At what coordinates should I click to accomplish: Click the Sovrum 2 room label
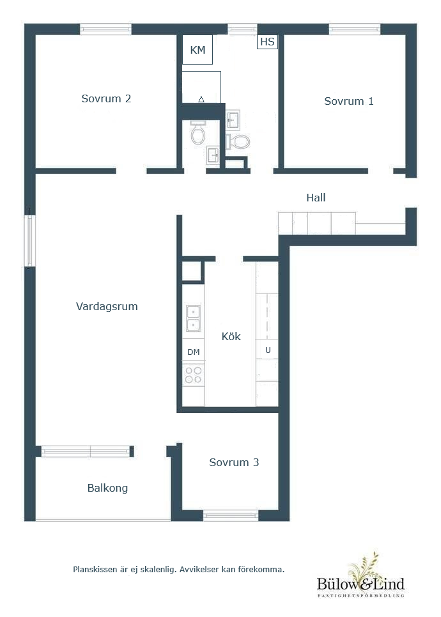click(106, 98)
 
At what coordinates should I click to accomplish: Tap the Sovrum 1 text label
click(348, 101)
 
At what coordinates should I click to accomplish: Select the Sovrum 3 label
click(234, 462)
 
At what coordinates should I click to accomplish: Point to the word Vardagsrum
click(107, 306)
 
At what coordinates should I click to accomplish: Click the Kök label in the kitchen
click(231, 336)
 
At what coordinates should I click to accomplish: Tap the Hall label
click(316, 198)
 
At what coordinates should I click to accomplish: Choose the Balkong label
click(107, 488)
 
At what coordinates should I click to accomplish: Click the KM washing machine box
click(197, 50)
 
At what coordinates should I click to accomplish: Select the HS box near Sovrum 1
click(267, 42)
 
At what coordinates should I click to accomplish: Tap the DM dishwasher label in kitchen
click(193, 352)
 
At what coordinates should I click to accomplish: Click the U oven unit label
click(267, 350)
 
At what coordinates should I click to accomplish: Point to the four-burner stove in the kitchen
click(193, 375)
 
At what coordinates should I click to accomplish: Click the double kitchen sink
click(193, 319)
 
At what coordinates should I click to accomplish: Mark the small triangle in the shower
click(201, 99)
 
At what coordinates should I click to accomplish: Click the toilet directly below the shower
click(198, 134)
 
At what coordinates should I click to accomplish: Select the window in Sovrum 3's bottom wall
click(231, 515)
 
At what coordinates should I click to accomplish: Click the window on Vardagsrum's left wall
click(30, 240)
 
